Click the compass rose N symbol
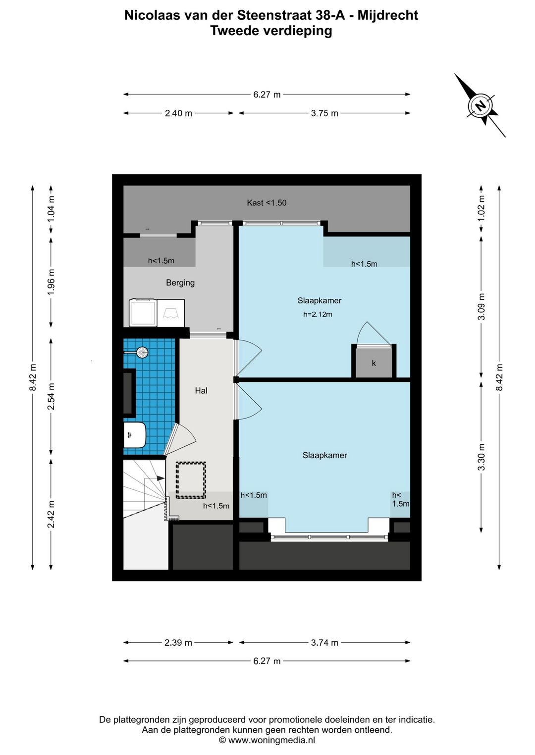click(x=480, y=105)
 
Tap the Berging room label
click(x=180, y=283)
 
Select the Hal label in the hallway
click(x=201, y=391)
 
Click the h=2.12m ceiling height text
click(x=318, y=315)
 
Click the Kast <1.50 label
click(x=267, y=202)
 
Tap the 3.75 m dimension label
click(x=324, y=113)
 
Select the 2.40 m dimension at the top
click(x=178, y=113)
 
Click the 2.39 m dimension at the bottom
click(x=178, y=643)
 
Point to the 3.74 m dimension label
click(x=324, y=643)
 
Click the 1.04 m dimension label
click(x=51, y=209)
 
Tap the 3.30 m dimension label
click(x=481, y=457)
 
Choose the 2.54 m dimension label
click(x=51, y=396)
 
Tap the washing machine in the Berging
click(x=143, y=313)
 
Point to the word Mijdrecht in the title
click(x=388, y=15)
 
